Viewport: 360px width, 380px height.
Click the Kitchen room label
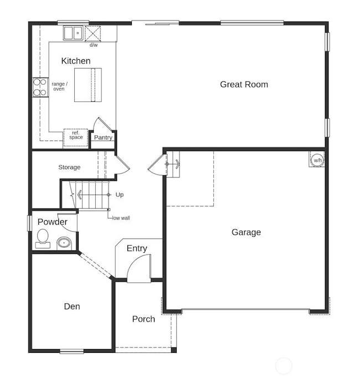click(76, 61)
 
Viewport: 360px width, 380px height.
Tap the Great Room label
click(244, 85)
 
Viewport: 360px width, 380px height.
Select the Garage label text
click(246, 232)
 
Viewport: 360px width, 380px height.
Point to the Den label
click(71, 306)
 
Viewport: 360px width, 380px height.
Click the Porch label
click(143, 319)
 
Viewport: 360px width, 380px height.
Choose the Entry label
click(137, 248)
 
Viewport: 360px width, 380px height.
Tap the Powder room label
click(53, 222)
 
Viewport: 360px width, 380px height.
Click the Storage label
click(69, 167)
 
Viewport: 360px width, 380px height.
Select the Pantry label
click(103, 138)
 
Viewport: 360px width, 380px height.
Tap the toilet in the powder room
click(42, 238)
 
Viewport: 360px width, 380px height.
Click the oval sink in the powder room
click(64, 242)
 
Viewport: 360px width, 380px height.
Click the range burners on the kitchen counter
click(40, 87)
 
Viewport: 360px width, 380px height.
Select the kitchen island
click(89, 85)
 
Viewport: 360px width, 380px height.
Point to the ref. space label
click(76, 136)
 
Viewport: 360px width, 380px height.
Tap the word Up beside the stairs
click(120, 195)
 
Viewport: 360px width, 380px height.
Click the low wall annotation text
click(121, 218)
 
